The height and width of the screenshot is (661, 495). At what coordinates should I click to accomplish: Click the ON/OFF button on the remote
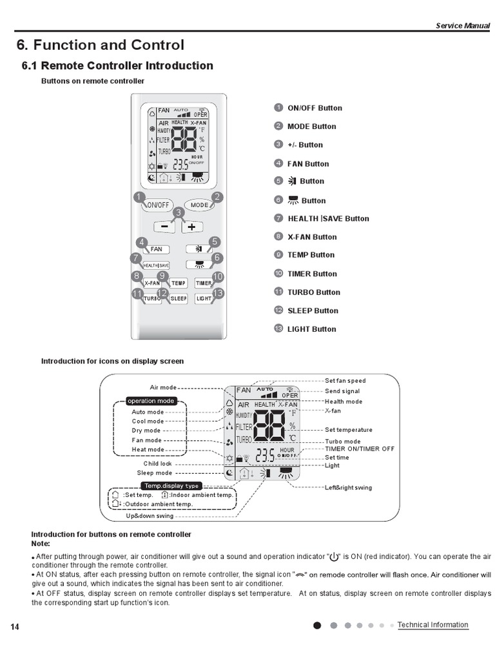(157, 205)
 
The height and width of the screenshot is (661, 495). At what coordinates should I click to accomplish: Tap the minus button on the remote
(165, 227)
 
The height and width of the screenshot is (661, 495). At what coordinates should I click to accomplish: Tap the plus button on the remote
(192, 227)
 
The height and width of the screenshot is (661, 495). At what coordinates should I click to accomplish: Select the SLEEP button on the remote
(179, 299)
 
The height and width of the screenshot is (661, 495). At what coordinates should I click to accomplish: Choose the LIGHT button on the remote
(204, 299)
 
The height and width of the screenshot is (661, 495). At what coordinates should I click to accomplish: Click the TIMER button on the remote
(204, 283)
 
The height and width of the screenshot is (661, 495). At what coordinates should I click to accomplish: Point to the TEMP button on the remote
(179, 283)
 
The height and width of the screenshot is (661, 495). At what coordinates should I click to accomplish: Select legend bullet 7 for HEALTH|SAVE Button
(278, 218)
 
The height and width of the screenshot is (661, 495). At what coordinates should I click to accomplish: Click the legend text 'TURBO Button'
(313, 292)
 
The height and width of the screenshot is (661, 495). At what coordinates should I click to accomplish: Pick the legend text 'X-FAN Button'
(312, 237)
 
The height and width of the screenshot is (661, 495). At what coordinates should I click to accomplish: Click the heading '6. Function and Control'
(100, 45)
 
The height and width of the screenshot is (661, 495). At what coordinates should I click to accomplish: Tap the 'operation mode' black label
(151, 401)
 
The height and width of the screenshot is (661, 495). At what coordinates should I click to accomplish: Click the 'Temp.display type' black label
(171, 485)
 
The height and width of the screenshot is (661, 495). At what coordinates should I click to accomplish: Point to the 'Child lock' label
(157, 463)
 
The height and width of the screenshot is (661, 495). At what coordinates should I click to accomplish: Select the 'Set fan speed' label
(345, 381)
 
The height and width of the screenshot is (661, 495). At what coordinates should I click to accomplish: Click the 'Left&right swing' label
(348, 487)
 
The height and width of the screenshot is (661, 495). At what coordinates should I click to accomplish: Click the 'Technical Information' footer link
(432, 625)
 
